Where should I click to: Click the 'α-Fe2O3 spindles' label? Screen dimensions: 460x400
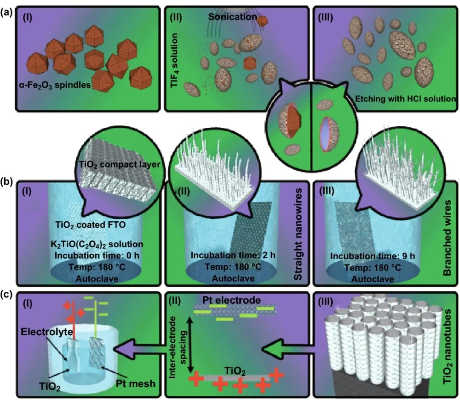click(55, 85)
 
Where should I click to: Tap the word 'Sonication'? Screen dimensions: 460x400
click(233, 17)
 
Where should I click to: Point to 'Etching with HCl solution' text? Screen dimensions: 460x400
click(405, 99)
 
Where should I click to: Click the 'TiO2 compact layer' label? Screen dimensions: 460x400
click(119, 165)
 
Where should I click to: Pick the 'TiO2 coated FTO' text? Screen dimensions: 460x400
click(90, 225)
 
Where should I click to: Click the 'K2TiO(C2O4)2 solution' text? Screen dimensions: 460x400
click(97, 244)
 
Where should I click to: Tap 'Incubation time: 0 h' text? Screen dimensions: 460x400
click(97, 255)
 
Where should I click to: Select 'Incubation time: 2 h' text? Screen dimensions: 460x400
click(233, 255)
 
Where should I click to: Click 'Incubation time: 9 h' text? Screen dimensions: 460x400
click(373, 256)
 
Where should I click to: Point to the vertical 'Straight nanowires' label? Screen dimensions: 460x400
click(298, 235)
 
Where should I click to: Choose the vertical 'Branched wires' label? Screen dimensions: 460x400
click(447, 238)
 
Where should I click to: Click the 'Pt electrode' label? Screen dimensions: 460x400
click(231, 300)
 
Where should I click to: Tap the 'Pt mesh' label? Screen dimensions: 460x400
click(135, 383)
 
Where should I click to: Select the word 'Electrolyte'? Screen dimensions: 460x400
click(47, 332)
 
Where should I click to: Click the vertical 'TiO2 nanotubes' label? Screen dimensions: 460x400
click(447, 347)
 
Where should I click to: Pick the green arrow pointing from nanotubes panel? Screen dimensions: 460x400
click(289, 348)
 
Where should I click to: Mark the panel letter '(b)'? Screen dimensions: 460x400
click(6, 182)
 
